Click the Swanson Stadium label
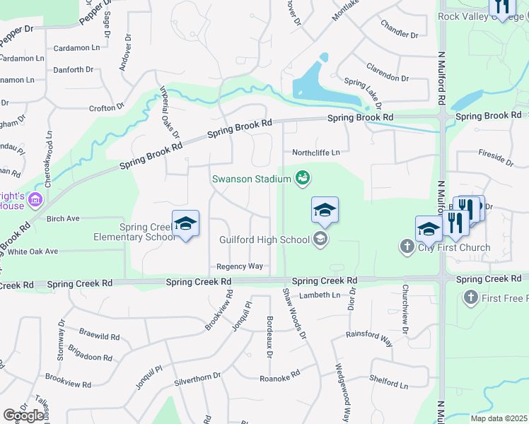pos(252,179)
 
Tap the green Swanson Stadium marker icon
pos(303,177)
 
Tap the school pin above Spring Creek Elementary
pos(185,224)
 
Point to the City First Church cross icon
pos(407,247)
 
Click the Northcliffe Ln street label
pos(316,152)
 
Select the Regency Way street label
pos(240,266)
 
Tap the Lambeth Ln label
pos(320,295)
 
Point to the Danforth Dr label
pos(73,70)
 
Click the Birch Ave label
pos(63,219)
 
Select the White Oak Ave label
pos(33,252)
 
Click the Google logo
pos(23,416)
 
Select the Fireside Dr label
pos(495,157)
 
